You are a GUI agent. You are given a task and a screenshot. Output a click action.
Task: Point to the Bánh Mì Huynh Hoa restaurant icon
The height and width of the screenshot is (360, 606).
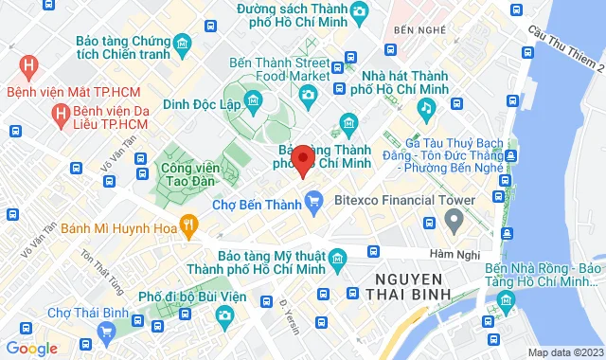pyautogui.click(x=189, y=225)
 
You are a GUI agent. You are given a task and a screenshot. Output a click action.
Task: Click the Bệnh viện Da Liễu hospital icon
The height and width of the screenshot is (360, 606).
pyautogui.click(x=62, y=113)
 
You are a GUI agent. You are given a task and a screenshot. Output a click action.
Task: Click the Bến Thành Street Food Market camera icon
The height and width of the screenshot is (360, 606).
pyautogui.click(x=307, y=94)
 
